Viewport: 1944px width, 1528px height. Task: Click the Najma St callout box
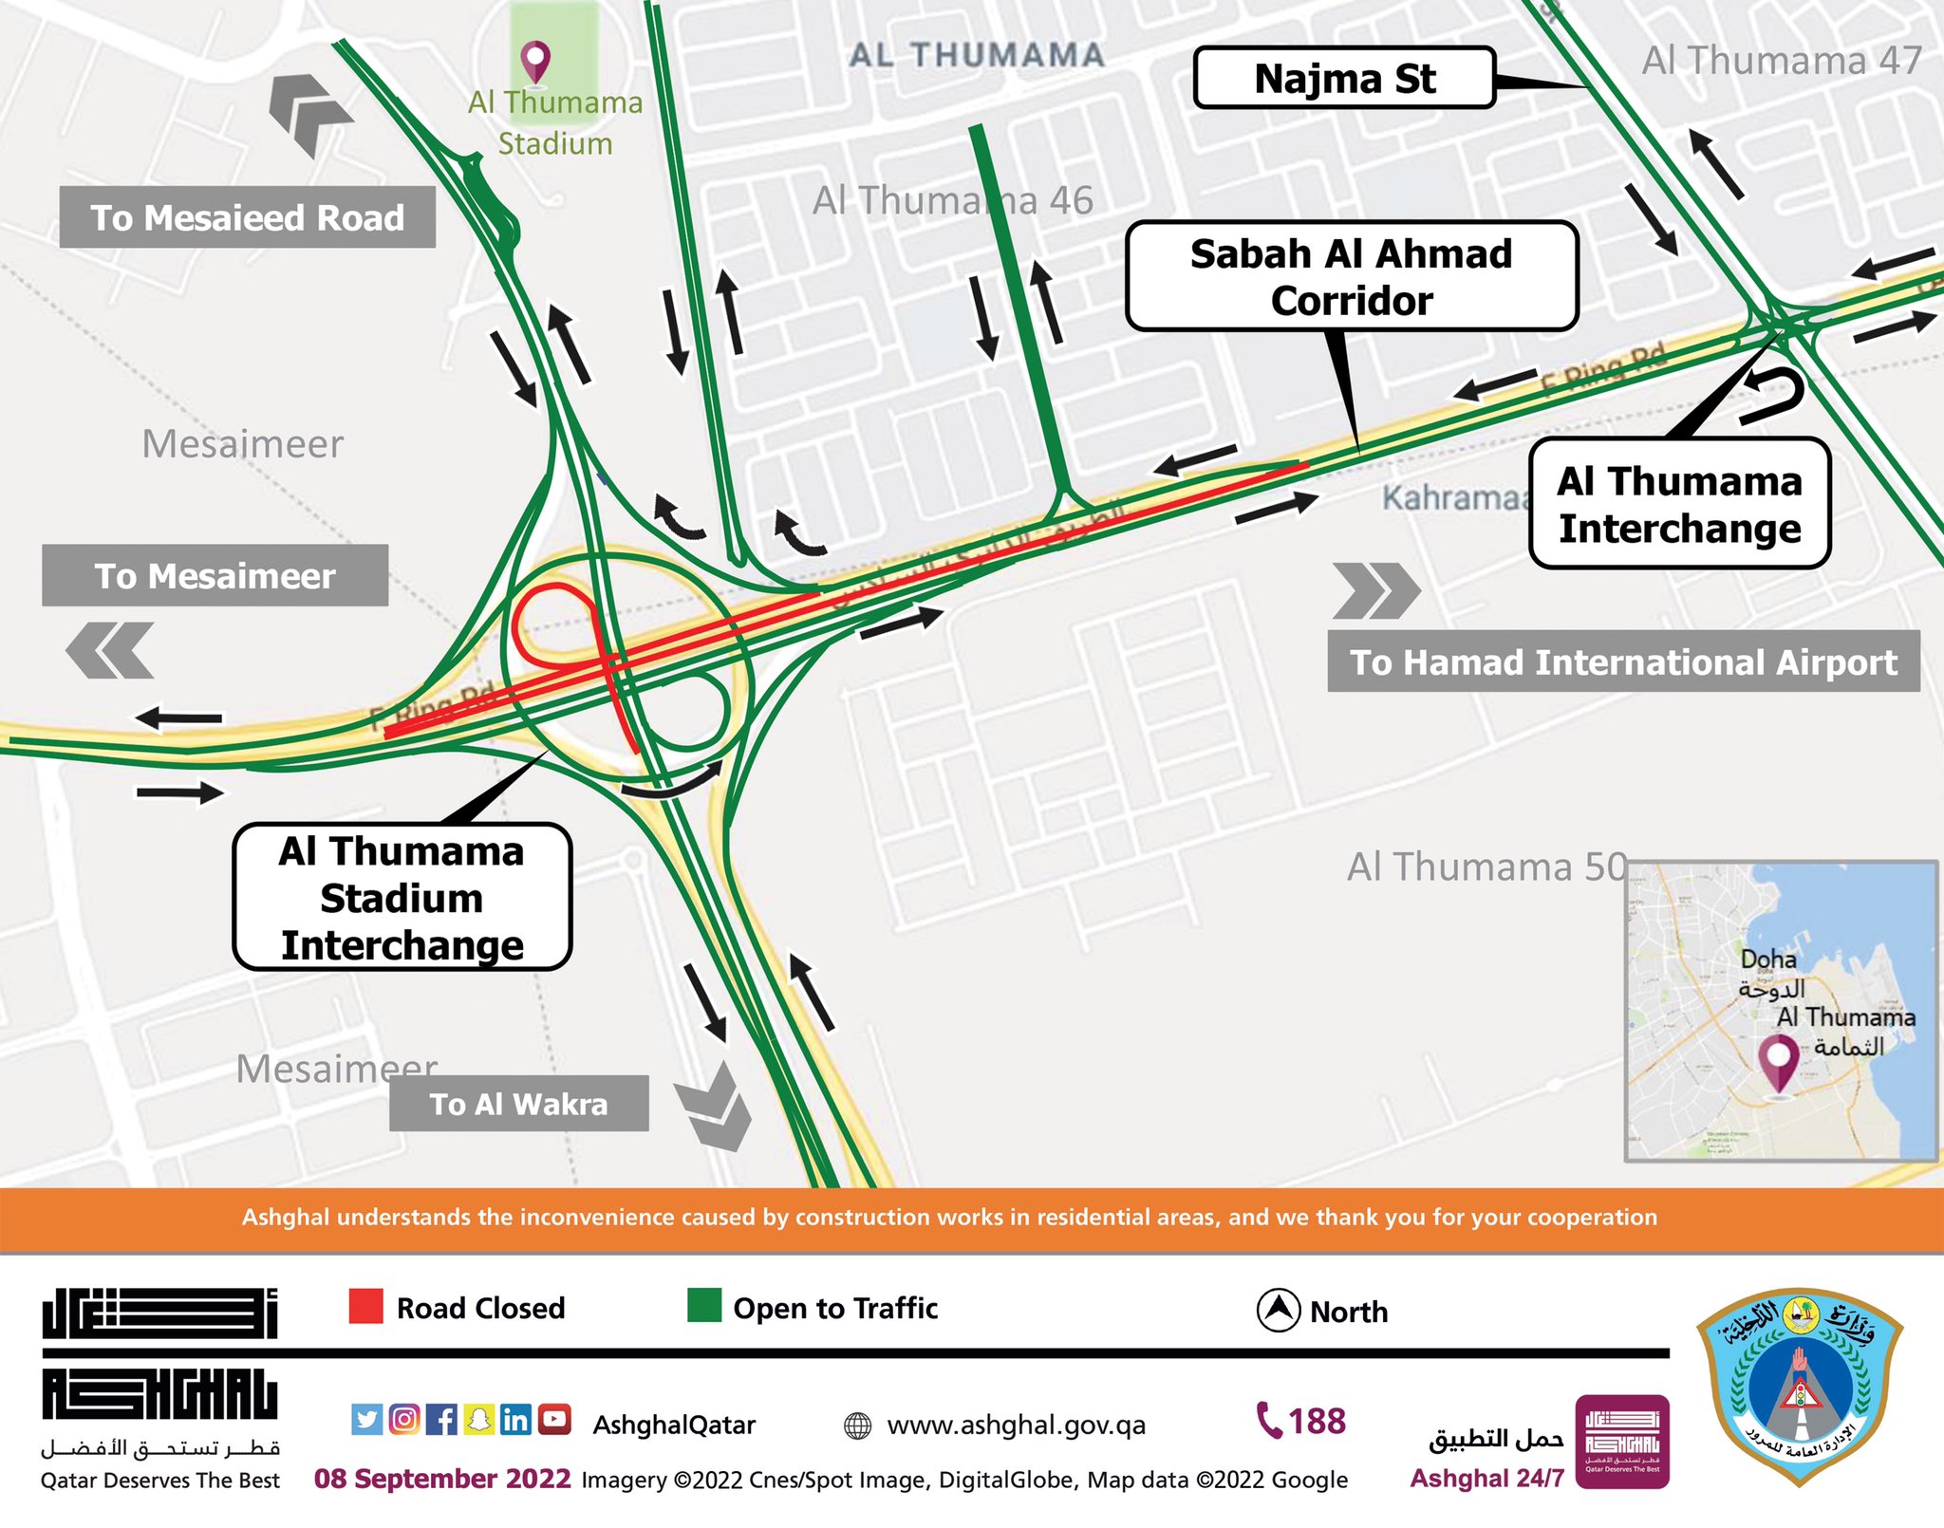[x=1344, y=79]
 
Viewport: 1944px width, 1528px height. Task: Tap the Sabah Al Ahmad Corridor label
[x=1352, y=276]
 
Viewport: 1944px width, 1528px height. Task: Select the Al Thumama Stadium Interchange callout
[x=402, y=897]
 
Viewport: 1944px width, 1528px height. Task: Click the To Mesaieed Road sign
[x=247, y=217]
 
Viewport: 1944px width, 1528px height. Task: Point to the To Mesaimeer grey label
[x=215, y=575]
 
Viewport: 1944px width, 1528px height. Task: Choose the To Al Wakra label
[x=518, y=1104]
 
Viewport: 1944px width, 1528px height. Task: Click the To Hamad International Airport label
[x=1623, y=662]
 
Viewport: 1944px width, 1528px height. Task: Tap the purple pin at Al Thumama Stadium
[x=536, y=61]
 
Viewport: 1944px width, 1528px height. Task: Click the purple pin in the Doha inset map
[x=1778, y=1059]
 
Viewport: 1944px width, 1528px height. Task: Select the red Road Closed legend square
[x=365, y=1306]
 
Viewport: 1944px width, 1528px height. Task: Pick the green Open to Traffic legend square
[x=704, y=1306]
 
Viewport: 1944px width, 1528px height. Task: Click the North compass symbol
[x=1278, y=1311]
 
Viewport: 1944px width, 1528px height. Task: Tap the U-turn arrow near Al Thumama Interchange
[x=1773, y=395]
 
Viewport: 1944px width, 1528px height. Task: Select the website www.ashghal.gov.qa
[x=1016, y=1425]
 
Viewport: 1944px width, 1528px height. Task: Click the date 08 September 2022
[x=442, y=1479]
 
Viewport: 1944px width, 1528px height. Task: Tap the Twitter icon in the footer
[x=366, y=1419]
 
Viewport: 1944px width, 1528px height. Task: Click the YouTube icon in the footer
[x=554, y=1419]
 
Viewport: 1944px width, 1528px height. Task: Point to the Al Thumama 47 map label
[x=1782, y=61]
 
